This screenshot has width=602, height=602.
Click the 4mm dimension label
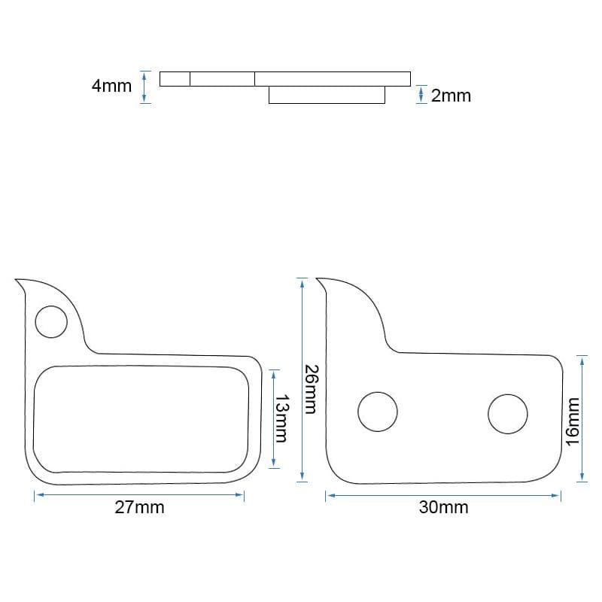[x=111, y=86]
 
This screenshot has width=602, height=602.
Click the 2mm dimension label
[x=451, y=96]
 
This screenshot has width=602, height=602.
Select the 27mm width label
[x=139, y=507]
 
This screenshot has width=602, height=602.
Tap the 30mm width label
[x=443, y=507]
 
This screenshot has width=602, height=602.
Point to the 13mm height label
[x=281, y=418]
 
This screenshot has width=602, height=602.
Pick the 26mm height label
[x=311, y=389]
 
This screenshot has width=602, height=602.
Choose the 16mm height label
[x=573, y=421]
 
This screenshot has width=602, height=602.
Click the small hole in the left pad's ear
[x=51, y=322]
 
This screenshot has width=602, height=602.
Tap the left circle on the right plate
[x=378, y=412]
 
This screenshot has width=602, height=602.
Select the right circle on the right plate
[x=507, y=414]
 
